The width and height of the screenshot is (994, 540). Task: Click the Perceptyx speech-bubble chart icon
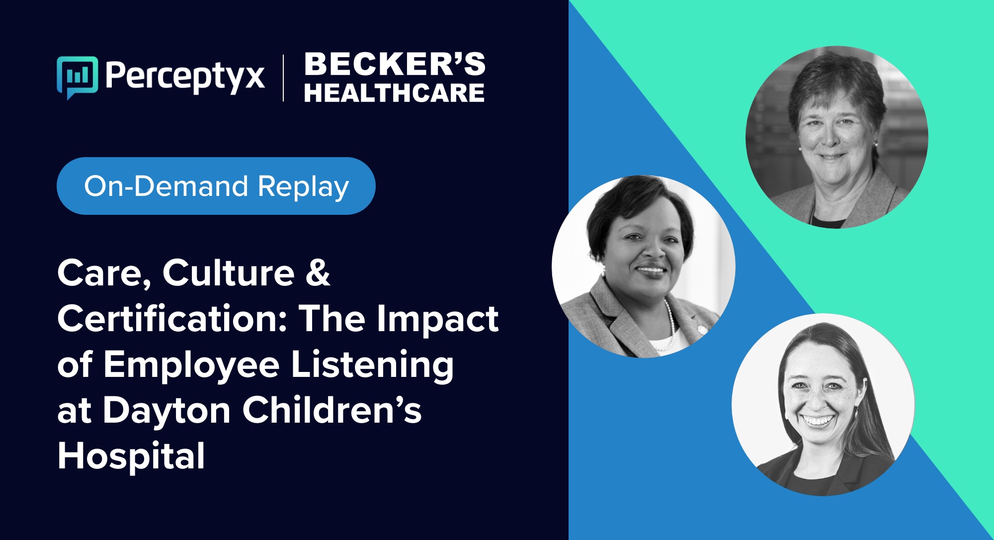point(77,78)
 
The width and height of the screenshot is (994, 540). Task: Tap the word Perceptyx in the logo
point(184,77)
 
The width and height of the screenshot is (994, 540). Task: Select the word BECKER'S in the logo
point(395,64)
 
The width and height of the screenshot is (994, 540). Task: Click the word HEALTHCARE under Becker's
point(394,93)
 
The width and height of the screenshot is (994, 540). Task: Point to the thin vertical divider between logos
point(283,78)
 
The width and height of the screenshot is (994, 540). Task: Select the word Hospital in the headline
point(131,456)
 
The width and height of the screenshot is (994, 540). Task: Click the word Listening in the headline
point(372,366)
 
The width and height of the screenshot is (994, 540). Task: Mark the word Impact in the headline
point(437,319)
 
